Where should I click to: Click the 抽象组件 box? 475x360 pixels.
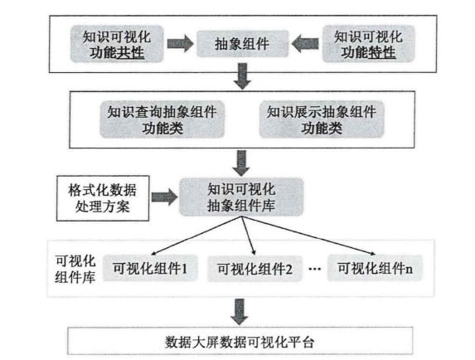[240, 42]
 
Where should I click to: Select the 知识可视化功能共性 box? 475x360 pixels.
[119, 44]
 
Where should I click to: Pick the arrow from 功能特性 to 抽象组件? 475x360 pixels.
[304, 42]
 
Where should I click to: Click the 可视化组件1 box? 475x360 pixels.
[149, 267]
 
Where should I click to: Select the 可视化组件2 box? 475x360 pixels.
[250, 267]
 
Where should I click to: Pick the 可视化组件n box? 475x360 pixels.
[371, 267]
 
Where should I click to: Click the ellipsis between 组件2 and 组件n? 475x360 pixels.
[312, 267]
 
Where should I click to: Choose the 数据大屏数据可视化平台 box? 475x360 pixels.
[238, 340]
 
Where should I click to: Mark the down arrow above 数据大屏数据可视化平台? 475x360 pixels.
[240, 309]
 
